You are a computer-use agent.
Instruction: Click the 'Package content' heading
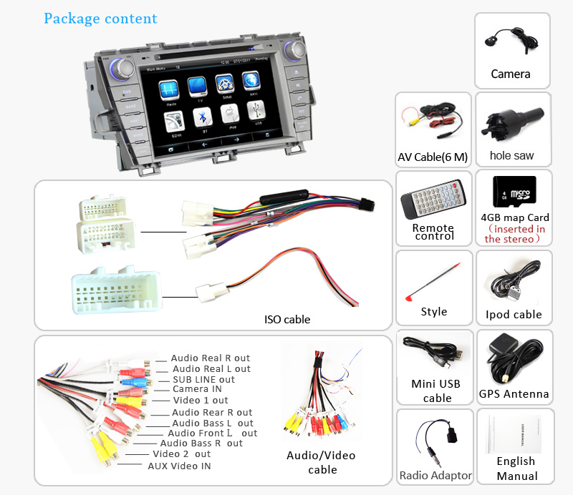click(100, 19)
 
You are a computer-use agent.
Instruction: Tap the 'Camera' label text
click(511, 74)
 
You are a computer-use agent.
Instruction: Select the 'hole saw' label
click(511, 155)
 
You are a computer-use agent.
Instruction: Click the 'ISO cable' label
click(287, 319)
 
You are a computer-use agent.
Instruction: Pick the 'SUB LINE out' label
click(203, 379)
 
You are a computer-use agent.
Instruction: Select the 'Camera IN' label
click(196, 389)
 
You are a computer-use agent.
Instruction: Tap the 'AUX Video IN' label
click(179, 466)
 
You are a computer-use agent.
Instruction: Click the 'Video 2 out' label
click(181, 454)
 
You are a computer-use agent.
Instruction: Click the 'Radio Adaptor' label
click(435, 475)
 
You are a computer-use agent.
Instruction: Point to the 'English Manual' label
click(516, 469)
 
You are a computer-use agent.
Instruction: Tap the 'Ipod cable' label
click(514, 314)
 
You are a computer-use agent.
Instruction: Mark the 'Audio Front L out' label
click(212, 433)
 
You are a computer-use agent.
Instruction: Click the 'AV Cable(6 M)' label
click(433, 157)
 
